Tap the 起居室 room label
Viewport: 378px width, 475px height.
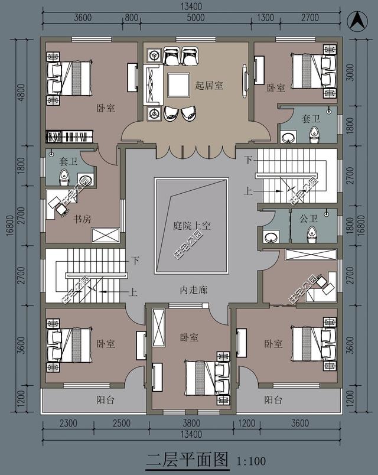[x=209, y=85]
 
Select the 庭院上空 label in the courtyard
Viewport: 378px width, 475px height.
[x=192, y=225]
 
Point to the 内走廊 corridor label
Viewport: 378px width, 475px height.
[x=193, y=291]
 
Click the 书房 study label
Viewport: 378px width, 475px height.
[x=82, y=219]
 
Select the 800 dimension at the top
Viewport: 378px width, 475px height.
[x=131, y=17]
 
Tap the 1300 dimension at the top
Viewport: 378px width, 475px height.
[x=266, y=17]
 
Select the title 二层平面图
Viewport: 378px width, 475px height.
[x=187, y=459]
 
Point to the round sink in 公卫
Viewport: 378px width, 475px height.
[x=271, y=237]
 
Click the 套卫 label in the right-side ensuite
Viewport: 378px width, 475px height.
[x=310, y=119]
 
